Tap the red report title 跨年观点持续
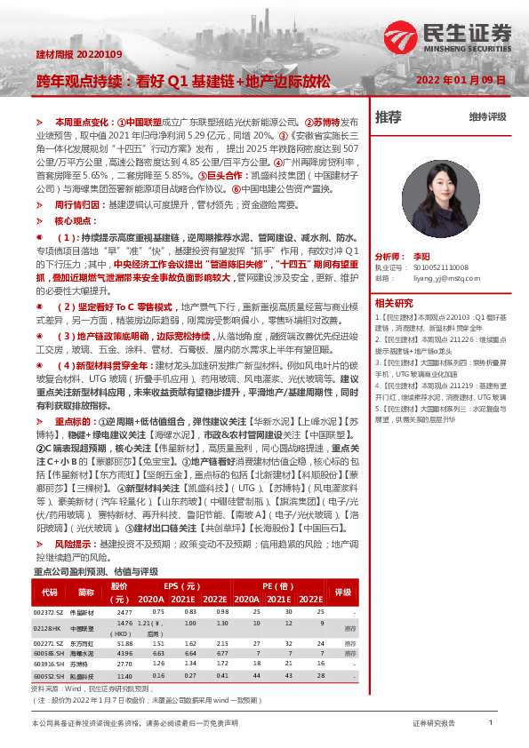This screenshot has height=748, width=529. tap(79, 80)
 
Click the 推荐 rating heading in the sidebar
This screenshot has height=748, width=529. tap(389, 116)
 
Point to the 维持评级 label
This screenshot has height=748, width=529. tap(487, 117)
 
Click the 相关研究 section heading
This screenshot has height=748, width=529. tap(394, 303)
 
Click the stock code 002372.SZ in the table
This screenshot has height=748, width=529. tap(48, 612)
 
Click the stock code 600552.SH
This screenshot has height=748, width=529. tap(48, 675)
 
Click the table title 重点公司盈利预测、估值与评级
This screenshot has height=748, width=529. tap(95, 572)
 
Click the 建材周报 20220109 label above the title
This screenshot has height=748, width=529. tap(66, 55)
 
